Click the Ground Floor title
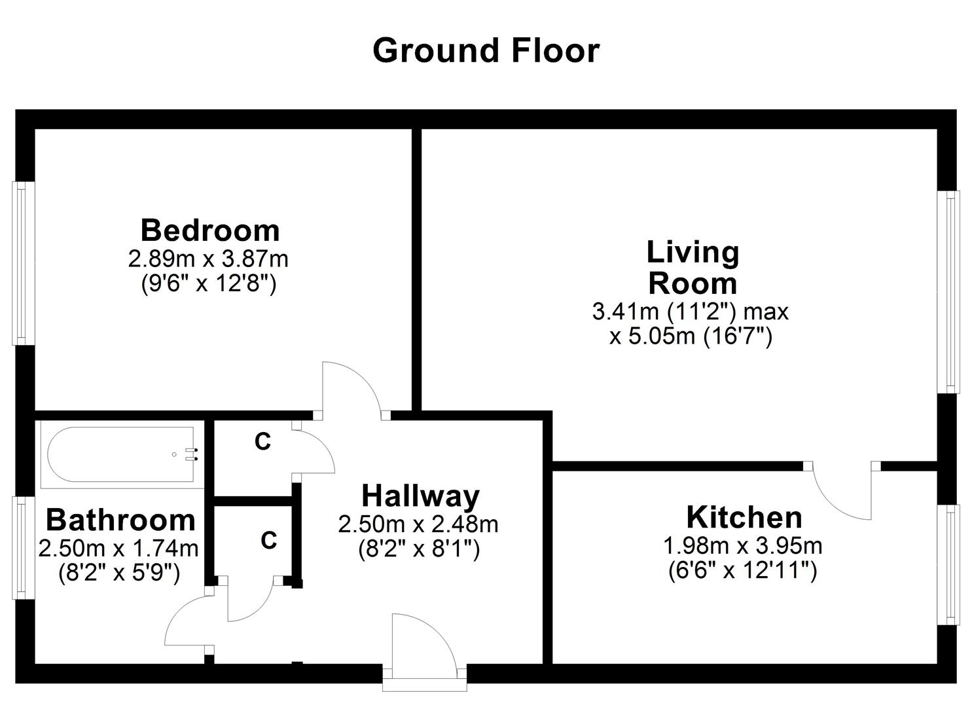click(x=486, y=51)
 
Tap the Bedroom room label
click(x=210, y=230)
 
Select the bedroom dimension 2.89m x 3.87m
click(x=208, y=259)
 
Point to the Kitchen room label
click(x=744, y=517)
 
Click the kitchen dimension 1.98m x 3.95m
click(x=743, y=545)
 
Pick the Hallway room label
click(x=420, y=496)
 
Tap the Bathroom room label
click(x=120, y=520)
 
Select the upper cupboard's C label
click(x=262, y=442)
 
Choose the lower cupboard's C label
click(x=268, y=541)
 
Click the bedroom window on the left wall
click(x=22, y=263)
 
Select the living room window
click(x=948, y=291)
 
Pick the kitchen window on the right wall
click(x=948, y=564)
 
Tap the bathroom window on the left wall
click(x=22, y=547)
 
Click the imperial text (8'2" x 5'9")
click(x=118, y=573)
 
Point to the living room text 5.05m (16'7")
click(x=691, y=337)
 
